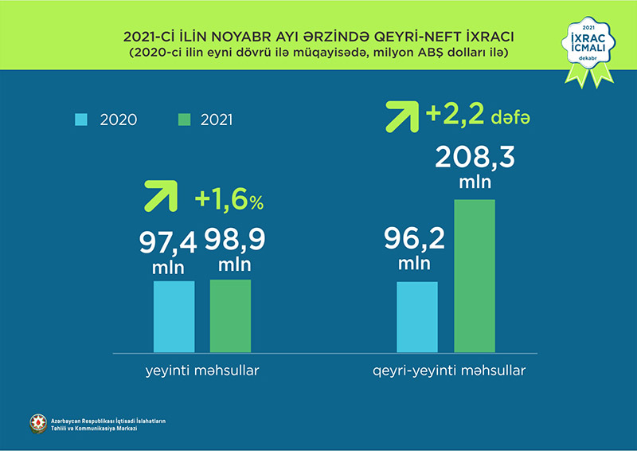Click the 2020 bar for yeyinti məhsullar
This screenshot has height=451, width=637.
[x=174, y=316]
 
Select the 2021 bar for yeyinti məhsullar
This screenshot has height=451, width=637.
[x=230, y=316]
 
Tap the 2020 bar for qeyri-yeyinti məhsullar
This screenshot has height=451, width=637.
[x=417, y=316]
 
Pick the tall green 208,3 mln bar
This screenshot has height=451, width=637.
[x=475, y=275]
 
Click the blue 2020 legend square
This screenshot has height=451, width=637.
[x=81, y=120]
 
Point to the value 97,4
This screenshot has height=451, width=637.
[x=173, y=240]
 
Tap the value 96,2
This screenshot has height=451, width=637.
[x=415, y=238]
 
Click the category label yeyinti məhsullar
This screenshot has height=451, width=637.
[x=202, y=371]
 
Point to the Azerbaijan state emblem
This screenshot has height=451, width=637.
[x=37, y=424]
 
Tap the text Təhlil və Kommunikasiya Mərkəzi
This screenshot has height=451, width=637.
[x=93, y=429]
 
